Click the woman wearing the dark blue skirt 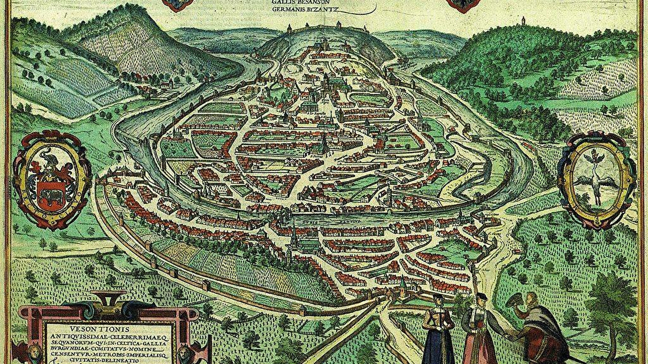[437, 332]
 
